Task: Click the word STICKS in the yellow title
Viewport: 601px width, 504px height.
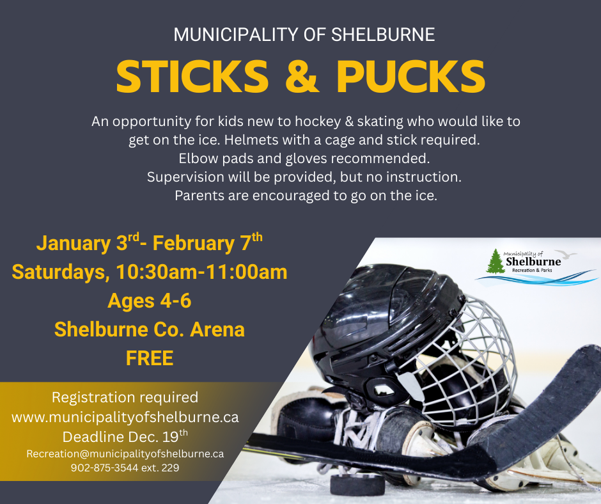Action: [x=192, y=77]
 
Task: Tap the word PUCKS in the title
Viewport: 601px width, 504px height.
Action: [x=410, y=77]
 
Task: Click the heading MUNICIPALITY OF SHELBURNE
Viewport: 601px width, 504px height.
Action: [x=304, y=35]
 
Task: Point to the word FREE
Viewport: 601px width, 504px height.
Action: [x=150, y=358]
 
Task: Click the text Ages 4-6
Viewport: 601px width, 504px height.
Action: [x=150, y=301]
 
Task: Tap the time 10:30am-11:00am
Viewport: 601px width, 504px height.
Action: [x=201, y=272]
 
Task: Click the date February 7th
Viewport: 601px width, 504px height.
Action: [x=207, y=243]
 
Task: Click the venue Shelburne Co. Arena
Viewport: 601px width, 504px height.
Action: [x=150, y=329]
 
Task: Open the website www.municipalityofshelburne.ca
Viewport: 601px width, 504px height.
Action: [x=125, y=418]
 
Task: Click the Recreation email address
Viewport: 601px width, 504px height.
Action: [x=125, y=453]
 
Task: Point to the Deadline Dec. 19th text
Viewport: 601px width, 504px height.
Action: [x=125, y=437]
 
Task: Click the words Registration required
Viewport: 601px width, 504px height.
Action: [x=125, y=397]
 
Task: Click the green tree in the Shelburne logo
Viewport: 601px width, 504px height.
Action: [x=495, y=262]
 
